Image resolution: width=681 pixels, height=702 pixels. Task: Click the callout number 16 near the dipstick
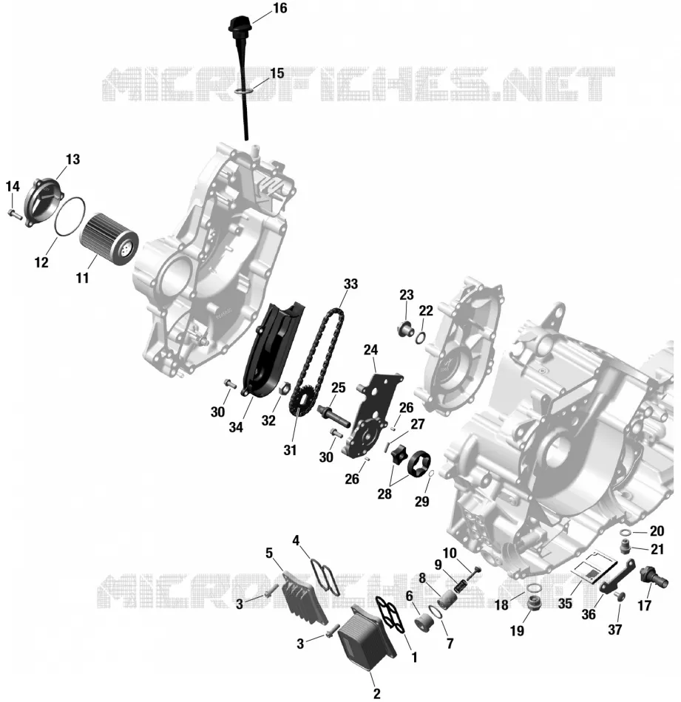[x=279, y=9]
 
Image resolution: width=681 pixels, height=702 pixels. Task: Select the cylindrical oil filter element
[x=109, y=239]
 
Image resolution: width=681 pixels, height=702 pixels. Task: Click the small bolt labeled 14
[x=15, y=214]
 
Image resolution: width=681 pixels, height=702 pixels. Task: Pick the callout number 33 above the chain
[x=350, y=284]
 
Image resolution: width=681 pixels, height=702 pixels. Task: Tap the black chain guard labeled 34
[x=273, y=350]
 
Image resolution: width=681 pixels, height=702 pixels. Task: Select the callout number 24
[x=370, y=350]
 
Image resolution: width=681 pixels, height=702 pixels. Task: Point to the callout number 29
[x=421, y=502]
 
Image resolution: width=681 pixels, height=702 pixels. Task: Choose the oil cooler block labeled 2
[x=366, y=637]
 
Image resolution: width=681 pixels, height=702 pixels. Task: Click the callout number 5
[x=269, y=553]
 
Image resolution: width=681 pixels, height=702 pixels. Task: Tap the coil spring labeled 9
[x=461, y=585]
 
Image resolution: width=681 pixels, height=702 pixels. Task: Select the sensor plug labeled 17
[x=654, y=578]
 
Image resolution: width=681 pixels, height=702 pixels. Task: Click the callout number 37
[x=614, y=630]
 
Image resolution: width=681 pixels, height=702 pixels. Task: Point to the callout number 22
[x=426, y=310]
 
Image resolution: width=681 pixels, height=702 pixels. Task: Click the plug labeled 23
[x=406, y=330]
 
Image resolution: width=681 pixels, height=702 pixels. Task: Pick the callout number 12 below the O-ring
[x=41, y=262]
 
